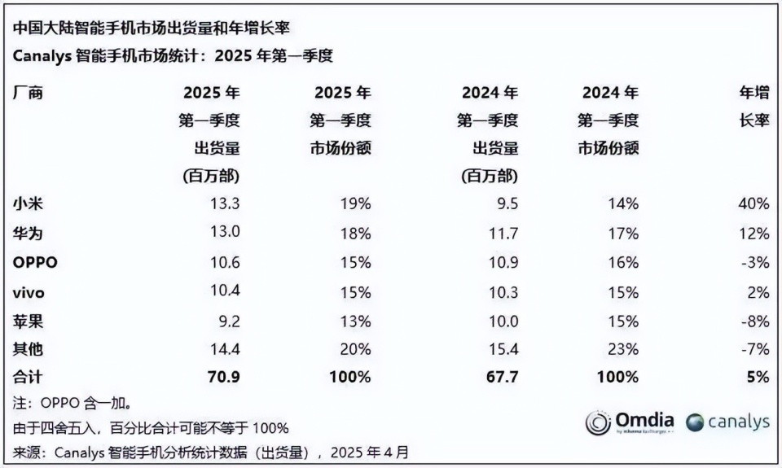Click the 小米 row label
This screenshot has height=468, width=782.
[28, 203]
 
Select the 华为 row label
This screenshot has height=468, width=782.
[28, 234]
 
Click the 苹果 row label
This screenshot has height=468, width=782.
[28, 321]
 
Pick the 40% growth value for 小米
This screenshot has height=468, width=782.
[753, 203]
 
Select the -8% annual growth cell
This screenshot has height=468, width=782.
[755, 321]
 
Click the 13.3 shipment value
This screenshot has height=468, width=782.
[225, 203]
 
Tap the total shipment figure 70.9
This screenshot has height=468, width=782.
[224, 377]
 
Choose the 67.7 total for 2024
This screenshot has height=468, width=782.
[501, 377]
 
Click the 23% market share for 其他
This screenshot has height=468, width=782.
[623, 349]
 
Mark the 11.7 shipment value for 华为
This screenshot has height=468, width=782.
[502, 234]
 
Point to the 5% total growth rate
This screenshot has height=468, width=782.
[758, 377]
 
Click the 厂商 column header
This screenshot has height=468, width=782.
[28, 93]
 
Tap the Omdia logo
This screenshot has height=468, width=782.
[630, 422]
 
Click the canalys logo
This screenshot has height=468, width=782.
[727, 422]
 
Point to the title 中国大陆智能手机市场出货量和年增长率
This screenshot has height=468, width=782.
[151, 28]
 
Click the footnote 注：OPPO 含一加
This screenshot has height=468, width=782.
[72, 403]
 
